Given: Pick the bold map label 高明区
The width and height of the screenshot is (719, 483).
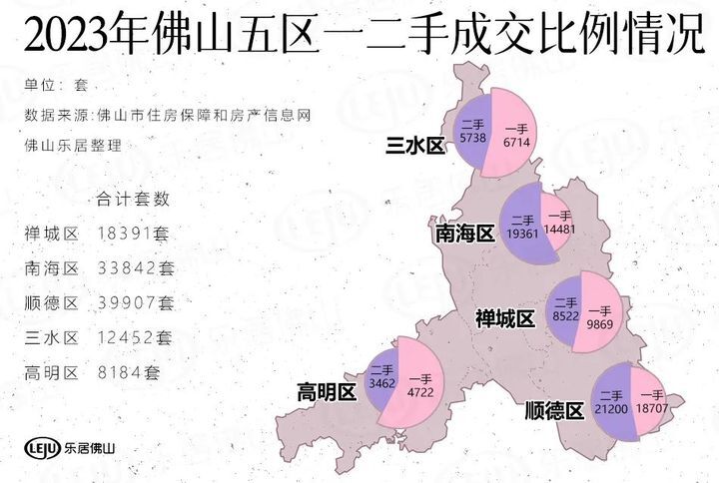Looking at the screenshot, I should pos(326,392).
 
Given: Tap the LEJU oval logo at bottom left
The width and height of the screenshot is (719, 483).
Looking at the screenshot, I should pos(41,447).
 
